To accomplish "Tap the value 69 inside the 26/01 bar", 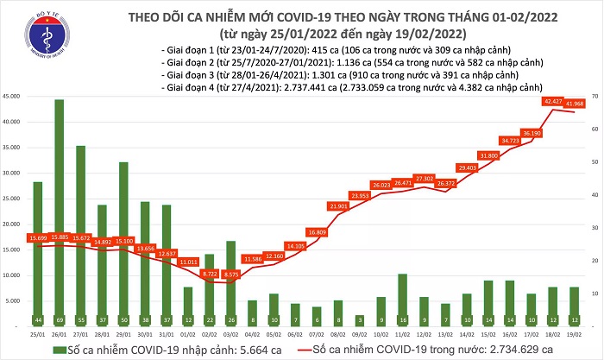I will (x=60, y=319).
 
